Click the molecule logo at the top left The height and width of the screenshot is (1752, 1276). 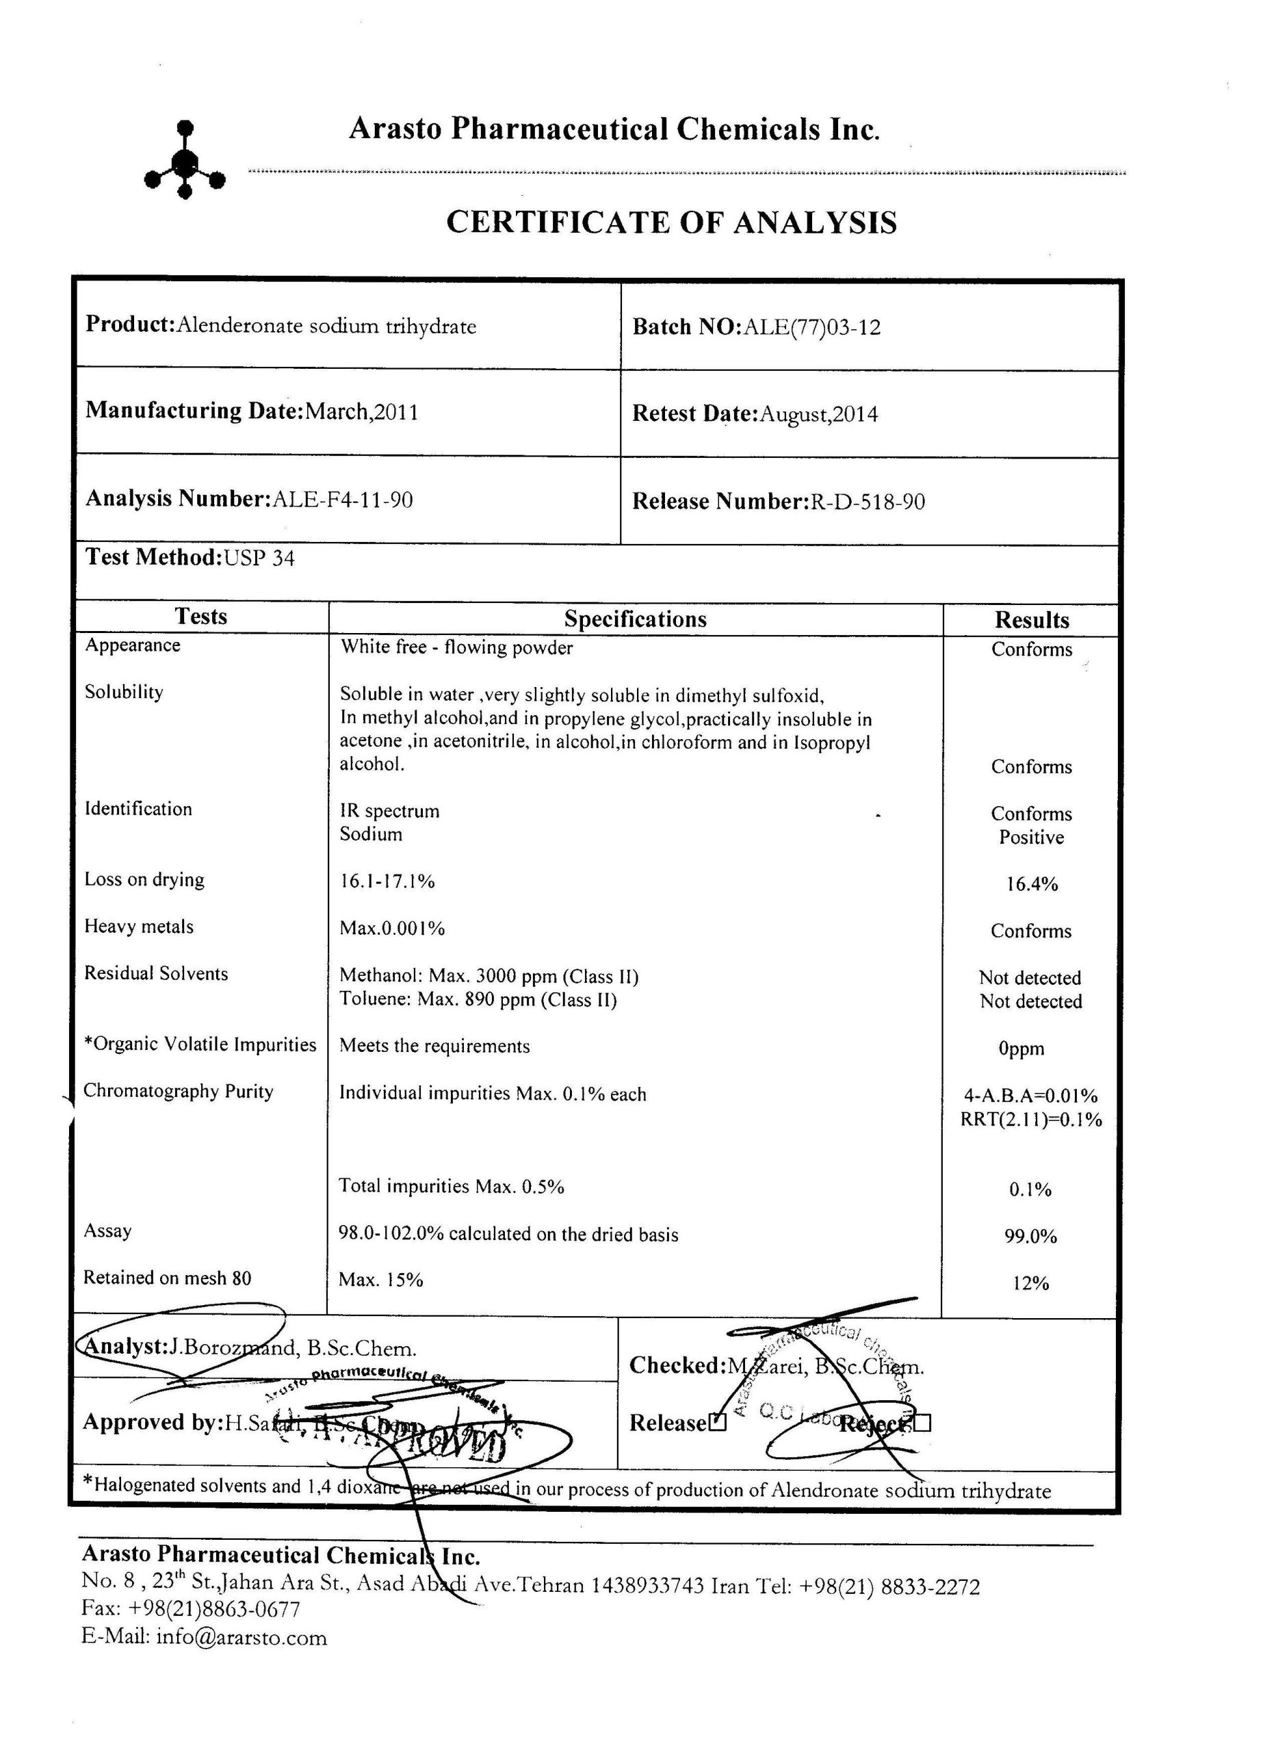point(185,160)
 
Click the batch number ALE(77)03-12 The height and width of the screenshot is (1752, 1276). point(810,328)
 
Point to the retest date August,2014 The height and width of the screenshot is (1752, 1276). point(819,415)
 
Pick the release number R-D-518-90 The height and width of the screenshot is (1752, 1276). point(867,502)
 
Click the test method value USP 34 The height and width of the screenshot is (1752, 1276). point(259,558)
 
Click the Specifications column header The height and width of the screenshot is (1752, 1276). point(635,619)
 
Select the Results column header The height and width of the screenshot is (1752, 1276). point(1031,619)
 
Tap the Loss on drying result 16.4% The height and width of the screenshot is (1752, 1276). point(1031,884)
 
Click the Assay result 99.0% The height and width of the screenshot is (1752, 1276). point(1030,1237)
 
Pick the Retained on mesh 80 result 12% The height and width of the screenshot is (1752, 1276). point(1030,1284)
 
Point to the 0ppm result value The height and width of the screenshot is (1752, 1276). point(1021,1048)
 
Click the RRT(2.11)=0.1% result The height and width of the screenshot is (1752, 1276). point(1031,1120)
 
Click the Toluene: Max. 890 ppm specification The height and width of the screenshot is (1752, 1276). point(478,1001)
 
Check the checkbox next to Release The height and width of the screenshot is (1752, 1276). point(718,1423)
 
